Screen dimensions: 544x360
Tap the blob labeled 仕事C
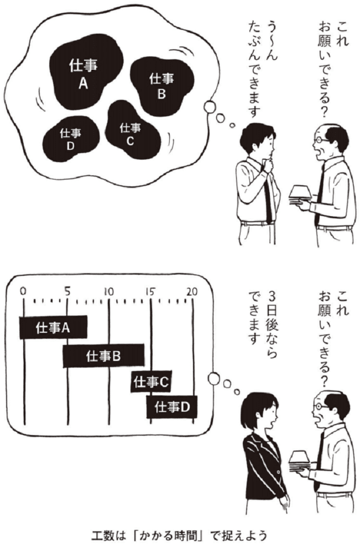(130, 133)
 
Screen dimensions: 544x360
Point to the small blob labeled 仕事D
(71, 138)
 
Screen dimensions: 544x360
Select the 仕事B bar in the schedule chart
(103, 355)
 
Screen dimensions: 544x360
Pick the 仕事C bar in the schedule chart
(150, 381)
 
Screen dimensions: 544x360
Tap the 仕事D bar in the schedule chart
(172, 407)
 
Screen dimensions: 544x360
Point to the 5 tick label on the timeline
(66, 291)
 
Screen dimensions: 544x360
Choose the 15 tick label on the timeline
(150, 291)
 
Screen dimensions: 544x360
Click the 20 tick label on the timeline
(192, 291)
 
